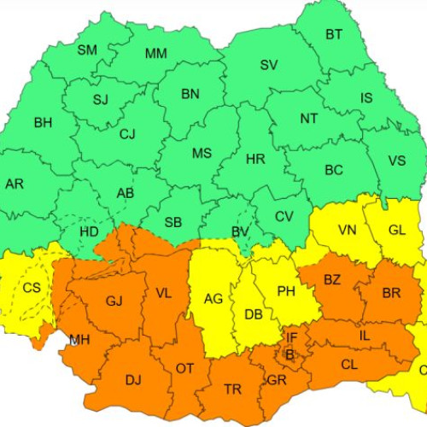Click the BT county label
click(x=333, y=35)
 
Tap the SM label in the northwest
click(x=87, y=50)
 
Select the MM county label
click(x=155, y=54)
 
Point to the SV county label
click(x=269, y=65)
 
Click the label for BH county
click(x=43, y=123)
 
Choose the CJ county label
click(x=127, y=134)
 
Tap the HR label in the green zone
click(x=254, y=159)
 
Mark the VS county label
click(x=397, y=161)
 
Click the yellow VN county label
click(x=348, y=230)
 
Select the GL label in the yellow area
click(x=397, y=230)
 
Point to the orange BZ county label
click(x=332, y=279)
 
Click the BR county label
click(x=391, y=293)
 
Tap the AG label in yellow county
click(x=213, y=299)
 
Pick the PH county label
click(x=285, y=291)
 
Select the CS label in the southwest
click(x=32, y=288)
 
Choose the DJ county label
click(x=133, y=380)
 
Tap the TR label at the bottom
click(x=232, y=389)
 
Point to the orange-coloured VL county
click(x=163, y=294)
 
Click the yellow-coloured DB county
click(x=253, y=314)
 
